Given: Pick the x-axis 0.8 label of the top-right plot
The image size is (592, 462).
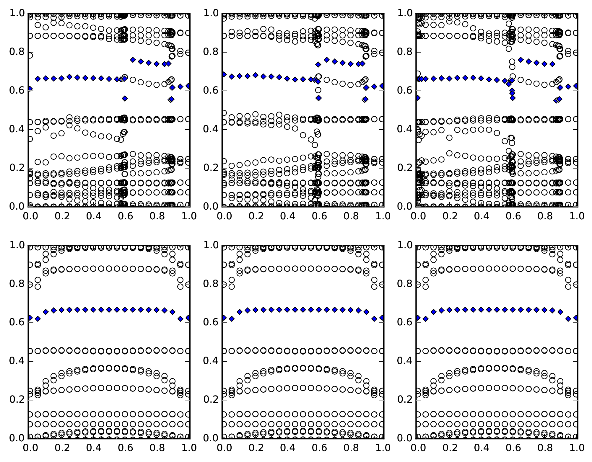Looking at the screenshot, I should pos(545,216).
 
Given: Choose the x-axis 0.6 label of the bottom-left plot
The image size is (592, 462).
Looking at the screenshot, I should pos(125,448).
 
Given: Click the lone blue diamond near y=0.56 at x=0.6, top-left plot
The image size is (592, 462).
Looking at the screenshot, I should pos(125,98).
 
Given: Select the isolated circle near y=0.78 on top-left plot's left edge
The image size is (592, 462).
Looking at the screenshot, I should pos(30,55).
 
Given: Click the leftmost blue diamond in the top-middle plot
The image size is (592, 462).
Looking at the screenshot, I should pos(224,74).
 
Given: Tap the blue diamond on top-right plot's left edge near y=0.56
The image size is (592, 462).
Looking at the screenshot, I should pos(418,98).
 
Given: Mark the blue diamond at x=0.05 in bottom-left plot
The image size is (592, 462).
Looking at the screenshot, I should pos(38,319).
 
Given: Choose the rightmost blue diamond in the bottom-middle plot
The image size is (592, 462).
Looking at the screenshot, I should pos(382,318).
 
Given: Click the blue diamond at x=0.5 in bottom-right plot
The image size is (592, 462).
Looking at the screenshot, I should pos(497,310).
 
